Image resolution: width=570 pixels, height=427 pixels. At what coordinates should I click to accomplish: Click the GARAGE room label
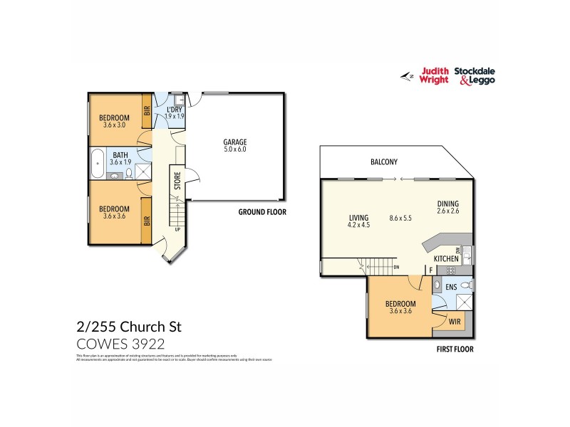pyautogui.click(x=235, y=142)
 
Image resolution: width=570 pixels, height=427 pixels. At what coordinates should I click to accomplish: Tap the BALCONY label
pyautogui.click(x=383, y=162)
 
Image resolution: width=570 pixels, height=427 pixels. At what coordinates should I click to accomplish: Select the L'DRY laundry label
pyautogui.click(x=175, y=110)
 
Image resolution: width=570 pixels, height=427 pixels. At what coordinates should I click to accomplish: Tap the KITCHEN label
pyautogui.click(x=446, y=258)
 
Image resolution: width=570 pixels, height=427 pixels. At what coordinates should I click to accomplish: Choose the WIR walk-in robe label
pyautogui.click(x=454, y=322)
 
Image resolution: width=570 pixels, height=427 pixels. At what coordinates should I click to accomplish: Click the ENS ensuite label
pyautogui.click(x=451, y=287)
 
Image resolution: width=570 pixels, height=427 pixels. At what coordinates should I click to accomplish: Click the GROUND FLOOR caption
pyautogui.click(x=263, y=212)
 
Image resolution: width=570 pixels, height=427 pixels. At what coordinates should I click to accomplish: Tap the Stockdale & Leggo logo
pyautogui.click(x=477, y=75)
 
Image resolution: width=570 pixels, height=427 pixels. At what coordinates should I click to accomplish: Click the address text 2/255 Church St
pyautogui.click(x=129, y=327)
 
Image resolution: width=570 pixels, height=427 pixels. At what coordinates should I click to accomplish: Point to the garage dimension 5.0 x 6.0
pyautogui.click(x=235, y=149)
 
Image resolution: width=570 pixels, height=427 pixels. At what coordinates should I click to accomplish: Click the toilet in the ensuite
pyautogui.click(x=465, y=286)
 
